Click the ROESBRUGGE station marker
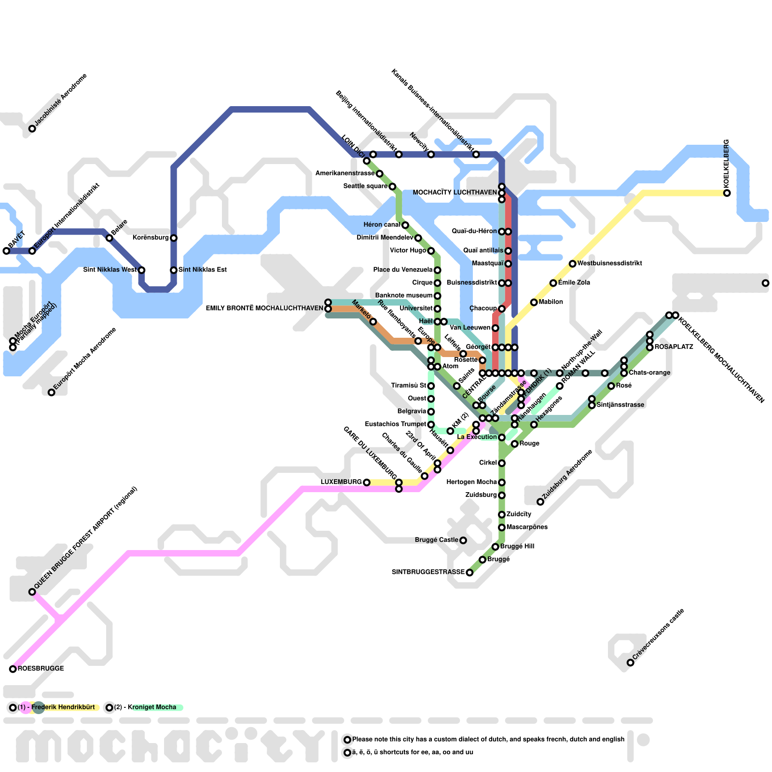coord(13,669)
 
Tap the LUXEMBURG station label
coord(341,482)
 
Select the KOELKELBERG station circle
coord(727,193)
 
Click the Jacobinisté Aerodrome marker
coord(32,128)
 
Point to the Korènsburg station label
coord(150,238)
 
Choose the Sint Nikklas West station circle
coord(141,270)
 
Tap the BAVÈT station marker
coord(6,250)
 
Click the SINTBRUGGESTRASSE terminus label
coord(428,572)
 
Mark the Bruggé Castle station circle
coord(463,540)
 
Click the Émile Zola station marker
coord(553,283)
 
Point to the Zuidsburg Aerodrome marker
coord(540,502)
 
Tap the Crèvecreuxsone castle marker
coord(630,662)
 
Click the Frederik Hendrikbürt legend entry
coord(63,707)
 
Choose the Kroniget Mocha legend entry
coord(152,707)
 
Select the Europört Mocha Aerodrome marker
coord(51,392)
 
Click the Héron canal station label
coord(381,225)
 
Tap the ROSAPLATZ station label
coord(674,347)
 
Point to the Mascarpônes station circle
coord(502,527)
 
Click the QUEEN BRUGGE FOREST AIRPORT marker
coord(32,592)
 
